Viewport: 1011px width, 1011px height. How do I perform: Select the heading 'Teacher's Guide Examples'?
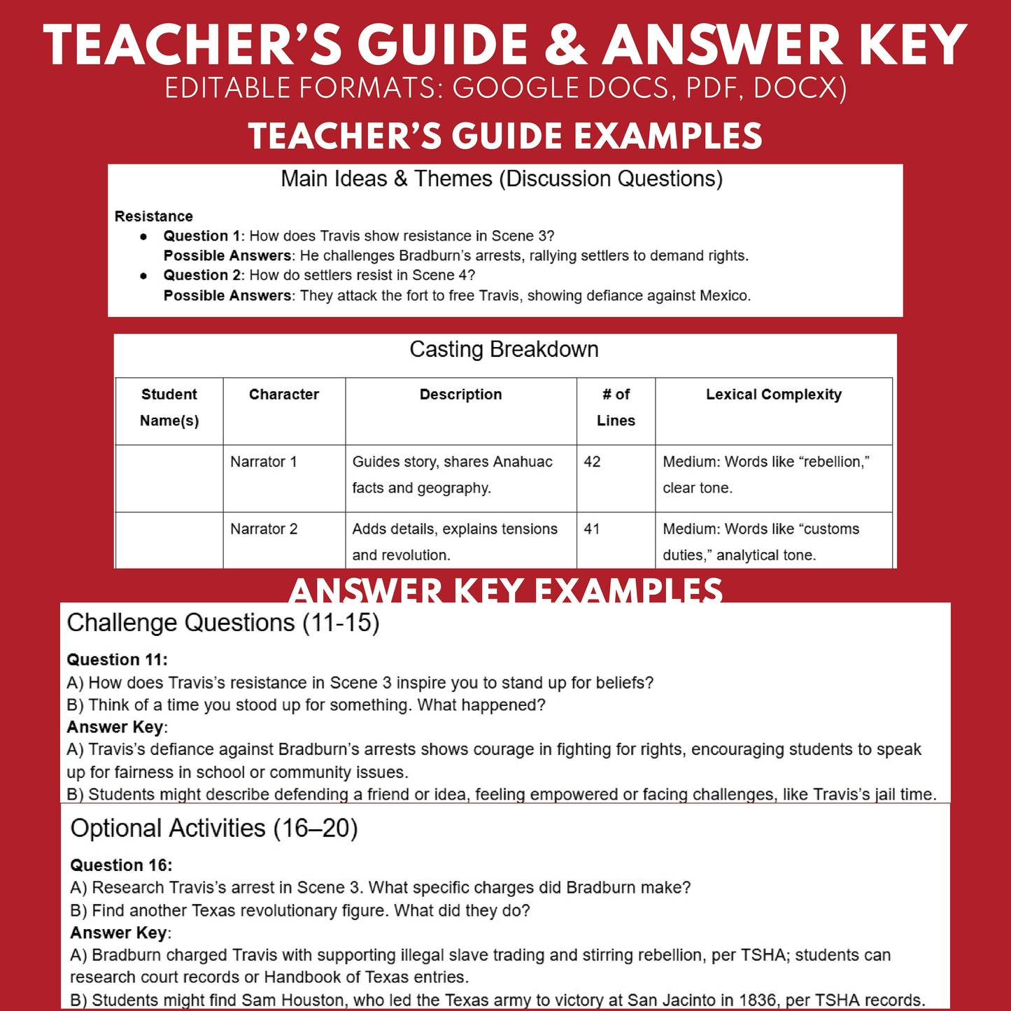505,136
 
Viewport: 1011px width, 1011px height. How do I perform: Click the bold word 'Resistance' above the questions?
153,216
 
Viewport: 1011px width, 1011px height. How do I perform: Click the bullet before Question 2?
143,276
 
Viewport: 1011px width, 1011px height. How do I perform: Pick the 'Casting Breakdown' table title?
504,349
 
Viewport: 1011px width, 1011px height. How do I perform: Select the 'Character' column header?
283,395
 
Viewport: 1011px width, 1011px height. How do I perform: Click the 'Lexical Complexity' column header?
773,395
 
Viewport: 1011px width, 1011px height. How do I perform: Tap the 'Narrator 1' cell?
264,462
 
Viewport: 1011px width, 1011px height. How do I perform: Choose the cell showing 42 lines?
592,462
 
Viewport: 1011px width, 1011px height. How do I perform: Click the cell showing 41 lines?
592,529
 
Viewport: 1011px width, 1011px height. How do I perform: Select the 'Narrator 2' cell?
264,529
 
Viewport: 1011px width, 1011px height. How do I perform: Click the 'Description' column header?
460,395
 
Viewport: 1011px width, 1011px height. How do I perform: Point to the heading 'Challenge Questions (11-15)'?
222,623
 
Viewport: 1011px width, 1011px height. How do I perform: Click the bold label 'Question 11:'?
117,660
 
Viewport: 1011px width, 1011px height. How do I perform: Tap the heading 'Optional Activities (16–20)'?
214,828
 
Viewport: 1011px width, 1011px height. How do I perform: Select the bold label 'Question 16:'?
121,865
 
